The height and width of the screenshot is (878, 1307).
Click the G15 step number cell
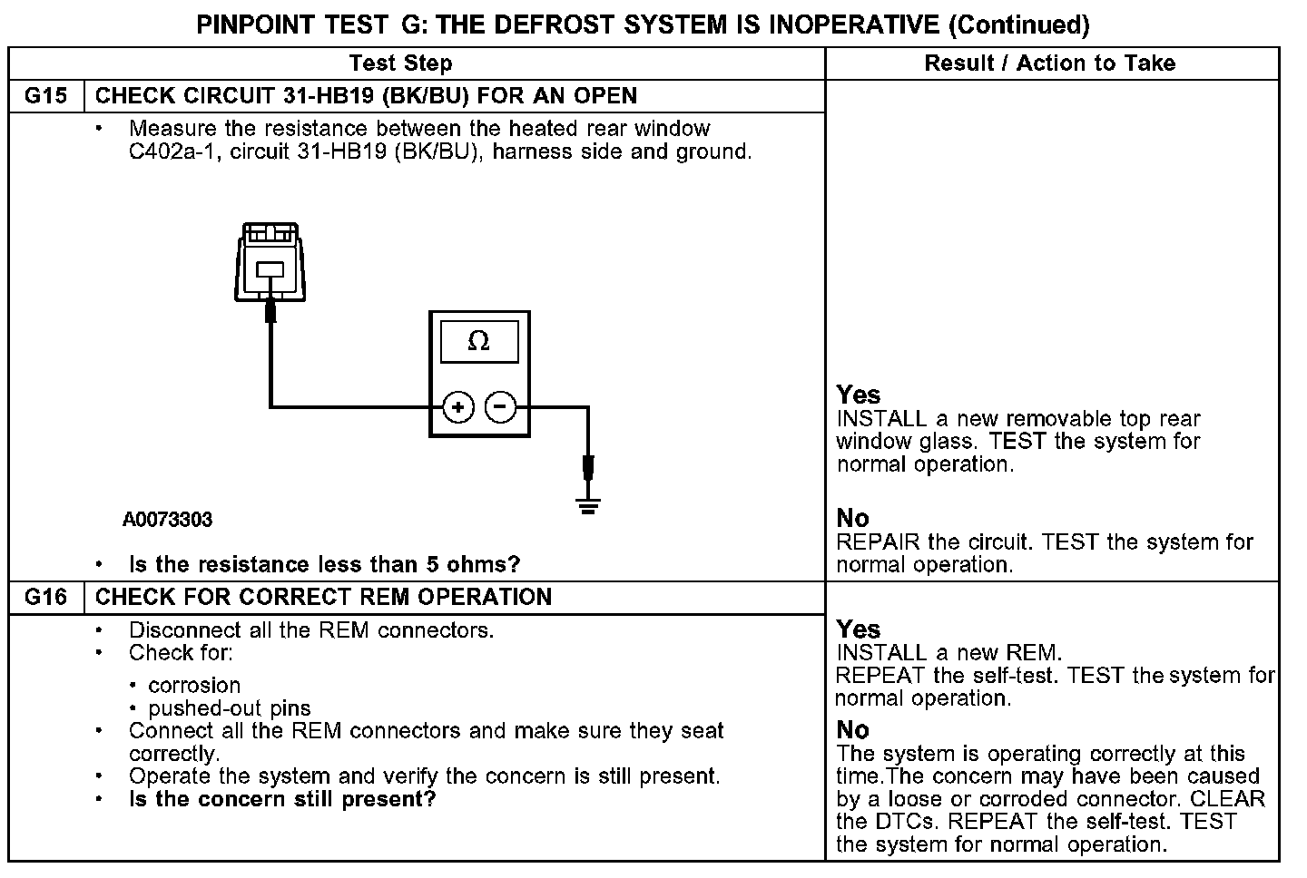[x=45, y=96]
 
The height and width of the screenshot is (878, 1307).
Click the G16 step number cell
[x=45, y=597]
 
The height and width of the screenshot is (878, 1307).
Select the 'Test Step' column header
[x=400, y=63]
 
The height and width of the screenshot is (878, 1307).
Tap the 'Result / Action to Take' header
[x=1049, y=63]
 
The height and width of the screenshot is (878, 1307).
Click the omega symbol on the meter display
[x=478, y=341]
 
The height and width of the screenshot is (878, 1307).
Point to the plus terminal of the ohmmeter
[x=458, y=408]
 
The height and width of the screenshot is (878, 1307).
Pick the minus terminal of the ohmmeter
[x=501, y=407]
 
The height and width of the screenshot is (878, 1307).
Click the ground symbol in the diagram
[x=588, y=506]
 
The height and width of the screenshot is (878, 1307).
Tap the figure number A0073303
[x=168, y=520]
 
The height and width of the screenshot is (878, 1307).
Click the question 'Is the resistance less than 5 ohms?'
[x=324, y=565]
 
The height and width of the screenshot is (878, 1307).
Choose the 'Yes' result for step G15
[x=859, y=395]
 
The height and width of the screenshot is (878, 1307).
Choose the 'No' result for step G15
[x=852, y=518]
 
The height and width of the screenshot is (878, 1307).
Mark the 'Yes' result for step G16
[x=859, y=629]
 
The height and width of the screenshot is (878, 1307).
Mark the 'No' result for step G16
[x=852, y=729]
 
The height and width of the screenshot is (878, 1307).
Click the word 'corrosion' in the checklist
[x=194, y=686]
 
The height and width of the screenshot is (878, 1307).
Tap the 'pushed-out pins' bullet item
[x=229, y=708]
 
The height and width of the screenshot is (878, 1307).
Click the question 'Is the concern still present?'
[x=282, y=799]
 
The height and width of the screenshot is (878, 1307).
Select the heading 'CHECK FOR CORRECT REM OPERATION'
[x=323, y=597]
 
